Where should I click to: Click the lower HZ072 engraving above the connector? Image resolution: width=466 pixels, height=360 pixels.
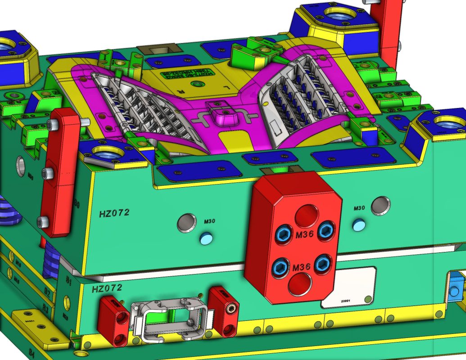tap(107, 288)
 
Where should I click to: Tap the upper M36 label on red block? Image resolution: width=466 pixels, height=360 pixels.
tap(304, 234)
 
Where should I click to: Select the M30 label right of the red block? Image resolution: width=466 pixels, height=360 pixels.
tap(359, 208)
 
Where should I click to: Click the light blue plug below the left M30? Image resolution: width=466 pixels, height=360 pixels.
tap(206, 238)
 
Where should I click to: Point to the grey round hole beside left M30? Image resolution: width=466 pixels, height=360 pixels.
tap(186, 223)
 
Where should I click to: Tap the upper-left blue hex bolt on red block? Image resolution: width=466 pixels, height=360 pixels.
tap(284, 234)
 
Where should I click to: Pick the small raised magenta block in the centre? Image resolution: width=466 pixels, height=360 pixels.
tap(222, 114)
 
